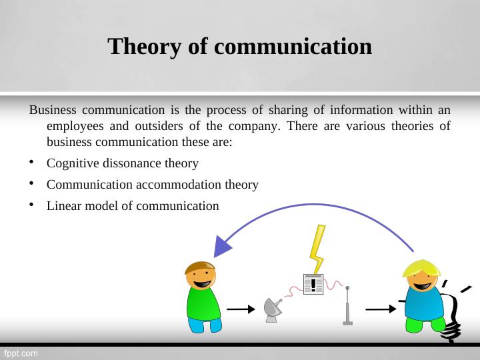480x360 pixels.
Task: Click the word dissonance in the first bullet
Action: click(x=133, y=163)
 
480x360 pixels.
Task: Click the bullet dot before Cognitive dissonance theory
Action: click(x=32, y=163)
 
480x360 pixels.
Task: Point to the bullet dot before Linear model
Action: click(x=32, y=206)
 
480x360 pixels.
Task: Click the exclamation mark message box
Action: click(x=313, y=285)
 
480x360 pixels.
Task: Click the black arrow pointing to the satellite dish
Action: click(x=241, y=309)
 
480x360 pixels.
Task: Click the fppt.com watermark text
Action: click(x=22, y=352)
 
